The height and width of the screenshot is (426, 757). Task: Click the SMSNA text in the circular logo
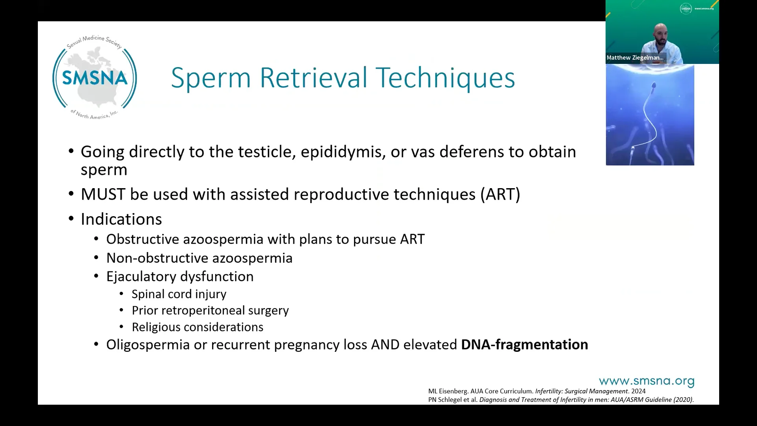pos(95,78)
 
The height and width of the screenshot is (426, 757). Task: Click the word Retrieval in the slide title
pos(313,78)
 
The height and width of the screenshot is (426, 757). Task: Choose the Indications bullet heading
pos(121,219)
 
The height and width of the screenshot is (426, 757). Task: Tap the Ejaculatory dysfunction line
pos(180,277)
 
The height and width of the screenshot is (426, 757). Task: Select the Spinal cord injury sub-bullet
pos(179,294)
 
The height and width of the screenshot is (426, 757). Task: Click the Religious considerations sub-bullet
pos(197,327)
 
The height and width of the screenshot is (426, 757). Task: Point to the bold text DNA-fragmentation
pos(524,345)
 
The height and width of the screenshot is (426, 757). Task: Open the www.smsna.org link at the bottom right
pos(646,381)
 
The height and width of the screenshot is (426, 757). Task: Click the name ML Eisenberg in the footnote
pos(447,391)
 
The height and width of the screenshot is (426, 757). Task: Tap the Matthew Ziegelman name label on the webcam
pos(635,58)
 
